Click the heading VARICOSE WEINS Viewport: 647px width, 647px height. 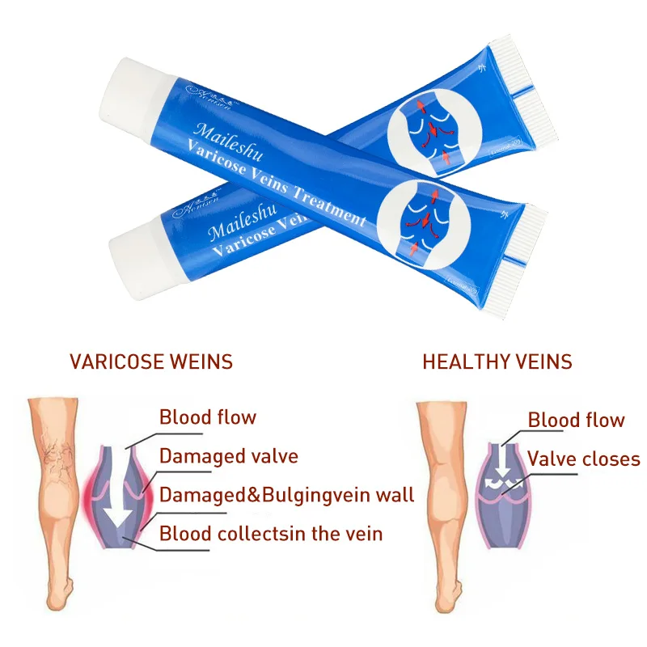[x=150, y=361]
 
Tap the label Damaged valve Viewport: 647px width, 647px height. [x=228, y=456]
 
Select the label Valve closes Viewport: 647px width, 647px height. [x=583, y=459]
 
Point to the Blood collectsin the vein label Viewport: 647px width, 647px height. [x=271, y=533]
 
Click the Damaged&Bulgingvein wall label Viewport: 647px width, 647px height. [x=286, y=494]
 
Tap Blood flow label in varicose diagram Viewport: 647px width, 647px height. [x=207, y=417]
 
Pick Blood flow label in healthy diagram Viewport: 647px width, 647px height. [x=576, y=420]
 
